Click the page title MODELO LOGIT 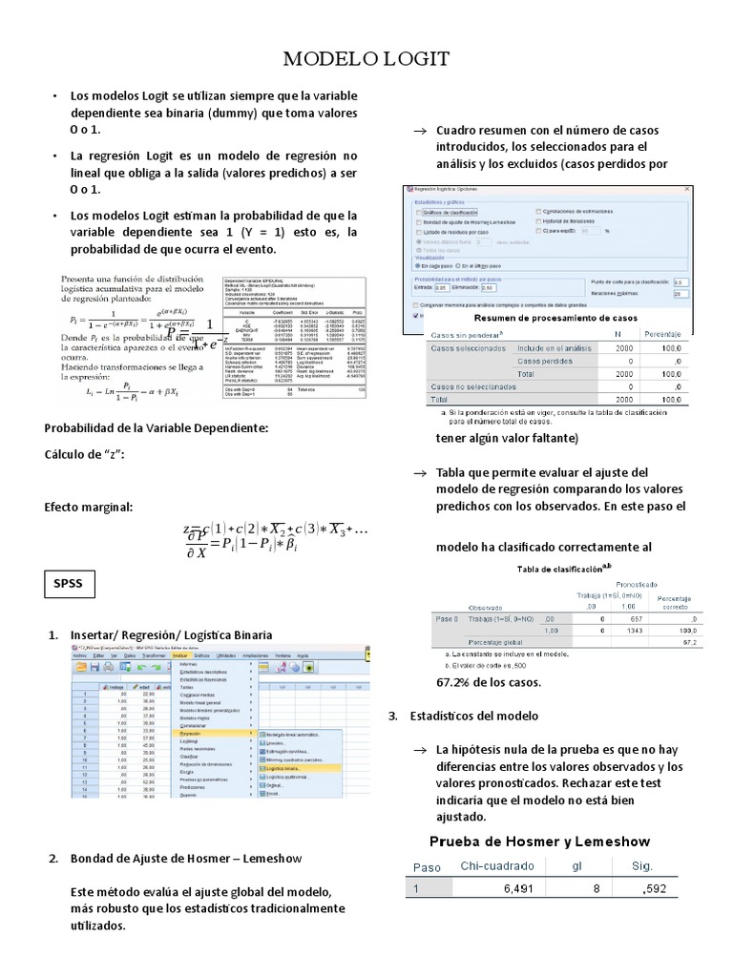tap(366, 60)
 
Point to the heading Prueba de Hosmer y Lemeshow tap(539, 841)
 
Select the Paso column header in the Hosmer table tap(426, 866)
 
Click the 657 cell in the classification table tap(626, 618)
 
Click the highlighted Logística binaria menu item tap(289, 766)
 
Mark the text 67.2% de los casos tap(488, 682)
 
